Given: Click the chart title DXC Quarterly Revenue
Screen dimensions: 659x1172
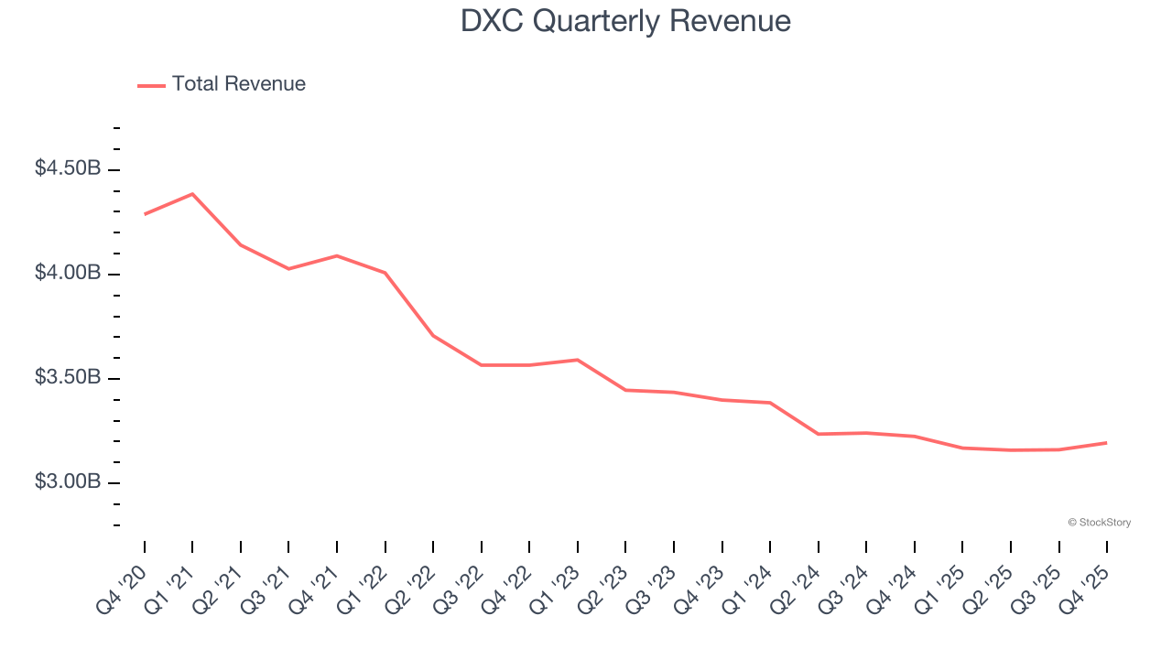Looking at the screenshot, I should [625, 21].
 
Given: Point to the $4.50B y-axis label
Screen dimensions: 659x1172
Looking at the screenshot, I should [68, 169].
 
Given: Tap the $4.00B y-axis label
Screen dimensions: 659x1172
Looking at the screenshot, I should [68, 274].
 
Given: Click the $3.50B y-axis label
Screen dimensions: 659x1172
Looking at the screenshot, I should [68, 378].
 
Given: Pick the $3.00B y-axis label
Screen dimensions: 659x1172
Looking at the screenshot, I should [68, 481].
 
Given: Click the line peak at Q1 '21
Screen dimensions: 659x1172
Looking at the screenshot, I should [192, 194].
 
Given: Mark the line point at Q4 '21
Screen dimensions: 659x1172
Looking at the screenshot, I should [337, 255].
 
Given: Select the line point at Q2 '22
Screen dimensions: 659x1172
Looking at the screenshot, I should [433, 336].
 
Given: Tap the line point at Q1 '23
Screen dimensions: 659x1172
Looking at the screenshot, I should [578, 360].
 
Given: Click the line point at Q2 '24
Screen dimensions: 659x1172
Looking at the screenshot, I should [818, 434].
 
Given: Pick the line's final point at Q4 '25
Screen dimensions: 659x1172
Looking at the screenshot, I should [1106, 443].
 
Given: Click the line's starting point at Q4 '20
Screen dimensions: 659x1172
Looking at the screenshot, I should [145, 214].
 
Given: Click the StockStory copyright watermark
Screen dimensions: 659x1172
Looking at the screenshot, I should [1099, 523].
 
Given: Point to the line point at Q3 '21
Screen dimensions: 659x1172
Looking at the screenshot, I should [288, 269].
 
